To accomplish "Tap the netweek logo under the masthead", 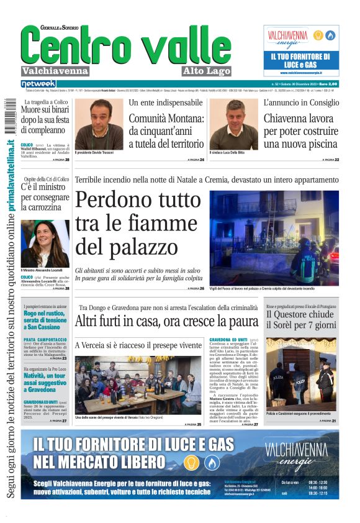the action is click(38, 84).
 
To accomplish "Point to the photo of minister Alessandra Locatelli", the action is click(45, 243).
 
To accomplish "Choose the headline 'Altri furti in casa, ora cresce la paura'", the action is click(166, 321).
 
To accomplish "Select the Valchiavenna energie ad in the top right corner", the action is click(300, 50).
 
